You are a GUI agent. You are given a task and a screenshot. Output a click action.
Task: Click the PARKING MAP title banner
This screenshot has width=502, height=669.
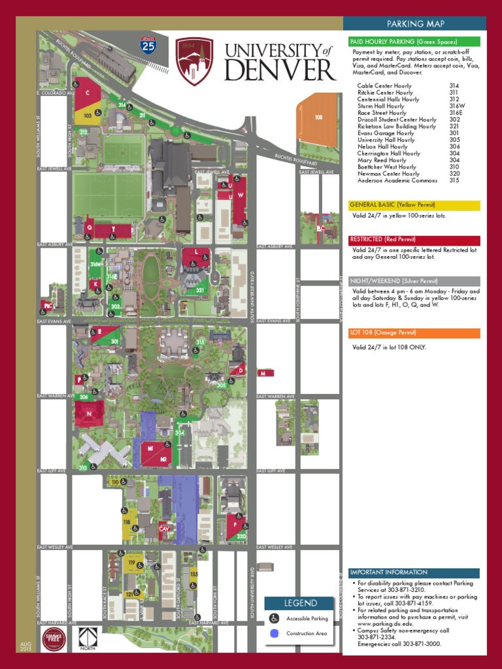(415, 24)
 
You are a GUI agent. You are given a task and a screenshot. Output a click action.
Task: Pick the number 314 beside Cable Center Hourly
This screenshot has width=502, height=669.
(454, 86)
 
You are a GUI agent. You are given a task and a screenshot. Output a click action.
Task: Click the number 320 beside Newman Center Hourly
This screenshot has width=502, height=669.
(454, 174)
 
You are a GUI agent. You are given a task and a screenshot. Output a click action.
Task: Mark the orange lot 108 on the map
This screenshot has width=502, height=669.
(317, 124)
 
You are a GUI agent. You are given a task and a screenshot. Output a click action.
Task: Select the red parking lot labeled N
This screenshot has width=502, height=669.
(89, 414)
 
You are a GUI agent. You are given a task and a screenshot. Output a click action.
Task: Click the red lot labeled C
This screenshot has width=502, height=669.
(87, 93)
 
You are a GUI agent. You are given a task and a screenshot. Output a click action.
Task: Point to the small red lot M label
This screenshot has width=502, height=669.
(265, 373)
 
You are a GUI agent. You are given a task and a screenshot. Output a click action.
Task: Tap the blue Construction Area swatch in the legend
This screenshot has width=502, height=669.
(275, 633)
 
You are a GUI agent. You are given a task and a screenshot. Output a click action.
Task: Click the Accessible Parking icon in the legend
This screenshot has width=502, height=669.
(275, 617)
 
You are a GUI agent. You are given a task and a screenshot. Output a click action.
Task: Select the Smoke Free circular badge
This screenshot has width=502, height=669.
(53, 639)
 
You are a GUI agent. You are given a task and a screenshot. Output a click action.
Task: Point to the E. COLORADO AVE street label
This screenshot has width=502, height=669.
(52, 93)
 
